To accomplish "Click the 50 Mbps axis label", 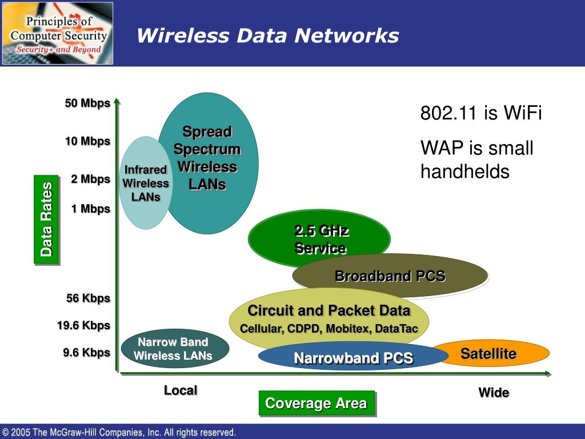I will click(87, 103).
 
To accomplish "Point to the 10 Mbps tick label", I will click(87, 141).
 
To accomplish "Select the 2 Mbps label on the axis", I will click(90, 179).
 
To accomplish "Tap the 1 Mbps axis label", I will click(90, 209).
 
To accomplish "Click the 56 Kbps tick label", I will click(88, 298).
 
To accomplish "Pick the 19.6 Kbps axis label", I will click(83, 326).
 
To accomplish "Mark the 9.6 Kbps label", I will click(86, 353).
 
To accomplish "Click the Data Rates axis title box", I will click(46, 219).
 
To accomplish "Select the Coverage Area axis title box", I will click(316, 404).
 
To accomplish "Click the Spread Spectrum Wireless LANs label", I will click(207, 158).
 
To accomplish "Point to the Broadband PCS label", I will click(390, 277).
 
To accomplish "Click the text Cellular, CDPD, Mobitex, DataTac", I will click(328, 329).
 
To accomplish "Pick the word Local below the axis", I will click(181, 390).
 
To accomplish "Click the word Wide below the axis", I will click(494, 393).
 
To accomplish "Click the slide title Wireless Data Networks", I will click(267, 35).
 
